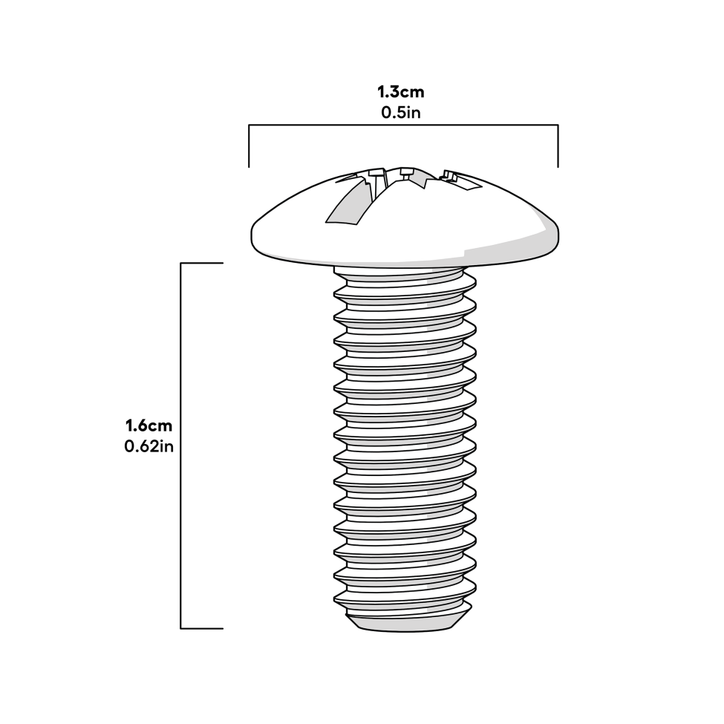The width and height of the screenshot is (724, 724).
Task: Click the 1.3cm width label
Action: click(x=401, y=92)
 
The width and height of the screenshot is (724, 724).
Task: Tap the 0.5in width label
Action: click(x=401, y=113)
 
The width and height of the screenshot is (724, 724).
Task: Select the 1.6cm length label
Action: click(x=149, y=425)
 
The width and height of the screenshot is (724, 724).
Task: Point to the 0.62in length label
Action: click(x=149, y=446)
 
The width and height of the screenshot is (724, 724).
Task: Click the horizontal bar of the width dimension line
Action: click(x=403, y=125)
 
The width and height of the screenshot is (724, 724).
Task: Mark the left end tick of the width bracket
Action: click(x=249, y=146)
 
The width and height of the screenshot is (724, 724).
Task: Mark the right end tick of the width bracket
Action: click(x=558, y=146)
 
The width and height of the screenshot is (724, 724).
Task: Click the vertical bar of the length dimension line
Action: click(x=180, y=446)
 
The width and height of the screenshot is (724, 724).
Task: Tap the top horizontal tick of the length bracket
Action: click(x=202, y=263)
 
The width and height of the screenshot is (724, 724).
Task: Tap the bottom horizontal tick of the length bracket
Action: click(x=202, y=628)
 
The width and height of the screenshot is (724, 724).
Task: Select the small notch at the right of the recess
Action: click(x=450, y=176)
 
